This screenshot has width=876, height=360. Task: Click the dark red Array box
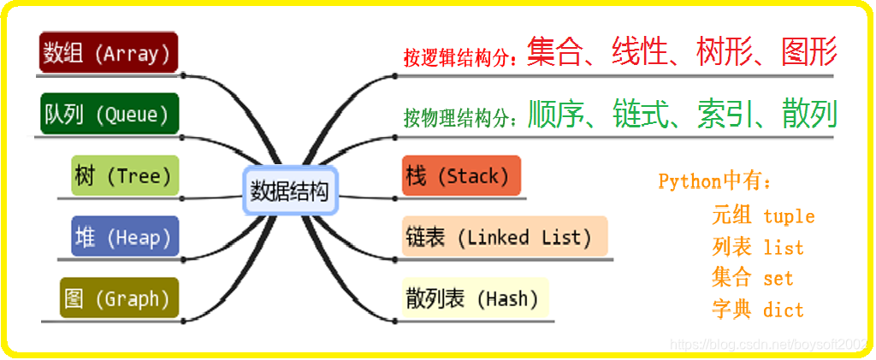[108, 53]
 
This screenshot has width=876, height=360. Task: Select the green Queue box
[108, 114]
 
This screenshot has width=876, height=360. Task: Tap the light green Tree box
[125, 176]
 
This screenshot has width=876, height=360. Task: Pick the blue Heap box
[125, 237]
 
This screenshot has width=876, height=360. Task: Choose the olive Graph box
[119, 298]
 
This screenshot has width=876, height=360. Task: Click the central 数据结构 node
[290, 191]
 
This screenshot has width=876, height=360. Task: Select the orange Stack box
[460, 176]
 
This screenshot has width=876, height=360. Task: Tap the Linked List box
[504, 237]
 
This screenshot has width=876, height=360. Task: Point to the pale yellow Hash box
[474, 298]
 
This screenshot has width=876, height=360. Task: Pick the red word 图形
[808, 53]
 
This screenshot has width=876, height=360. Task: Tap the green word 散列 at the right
[808, 114]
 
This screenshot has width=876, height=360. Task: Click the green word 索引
[724, 114]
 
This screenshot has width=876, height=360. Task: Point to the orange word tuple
[789, 216]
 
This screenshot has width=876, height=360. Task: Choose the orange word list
[784, 248]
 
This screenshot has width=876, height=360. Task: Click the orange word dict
[784, 310]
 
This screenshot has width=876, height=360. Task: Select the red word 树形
[724, 53]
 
